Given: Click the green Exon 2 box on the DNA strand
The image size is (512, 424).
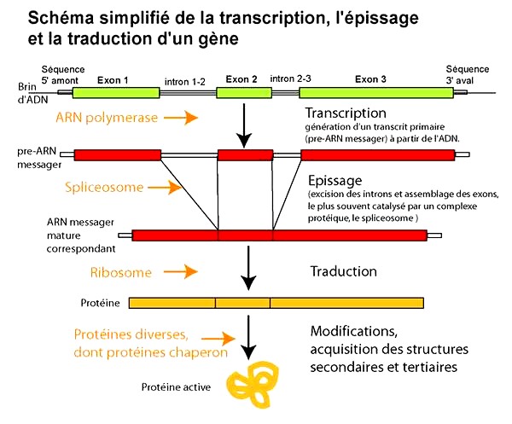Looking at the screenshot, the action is click(244, 93).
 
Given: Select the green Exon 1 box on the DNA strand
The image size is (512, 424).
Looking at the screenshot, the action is click(116, 93).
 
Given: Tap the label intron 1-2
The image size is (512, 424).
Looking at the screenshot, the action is click(185, 82).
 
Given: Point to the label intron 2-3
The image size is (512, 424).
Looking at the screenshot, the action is click(290, 78).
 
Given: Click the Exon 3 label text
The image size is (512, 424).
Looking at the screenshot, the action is click(370, 79).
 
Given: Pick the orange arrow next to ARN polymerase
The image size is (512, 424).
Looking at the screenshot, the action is click(181, 118).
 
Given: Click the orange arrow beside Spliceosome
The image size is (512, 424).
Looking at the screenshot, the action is click(165, 188).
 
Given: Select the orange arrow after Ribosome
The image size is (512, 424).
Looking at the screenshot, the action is click(181, 271).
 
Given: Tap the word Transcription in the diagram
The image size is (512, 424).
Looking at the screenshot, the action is click(346, 113).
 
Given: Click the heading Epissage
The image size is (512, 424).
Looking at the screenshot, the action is click(335, 181).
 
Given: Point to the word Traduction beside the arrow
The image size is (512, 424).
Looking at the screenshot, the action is click(344, 271).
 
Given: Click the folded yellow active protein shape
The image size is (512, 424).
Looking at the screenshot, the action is click(253, 384).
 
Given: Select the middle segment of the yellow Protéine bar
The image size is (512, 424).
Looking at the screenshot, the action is click(242, 303).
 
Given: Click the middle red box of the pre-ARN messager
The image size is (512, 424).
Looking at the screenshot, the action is click(245, 155).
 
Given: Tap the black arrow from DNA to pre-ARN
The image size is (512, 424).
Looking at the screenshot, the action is click(243, 125).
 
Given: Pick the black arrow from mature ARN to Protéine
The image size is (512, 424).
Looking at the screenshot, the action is click(248, 268).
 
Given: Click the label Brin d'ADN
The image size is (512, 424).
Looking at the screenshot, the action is click(32, 93).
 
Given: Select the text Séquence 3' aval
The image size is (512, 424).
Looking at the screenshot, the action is click(468, 75).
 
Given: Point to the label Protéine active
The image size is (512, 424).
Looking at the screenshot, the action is click(176, 387).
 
